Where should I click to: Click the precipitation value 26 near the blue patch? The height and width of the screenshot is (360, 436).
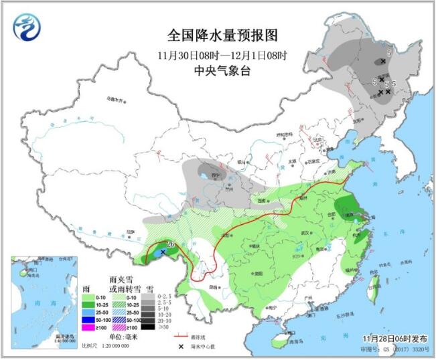point(171,244)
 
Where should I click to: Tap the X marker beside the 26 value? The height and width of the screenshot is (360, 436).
point(163,252)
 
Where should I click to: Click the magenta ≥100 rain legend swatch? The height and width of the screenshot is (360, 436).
point(87,328)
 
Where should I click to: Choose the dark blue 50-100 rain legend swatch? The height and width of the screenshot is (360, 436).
point(87,319)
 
